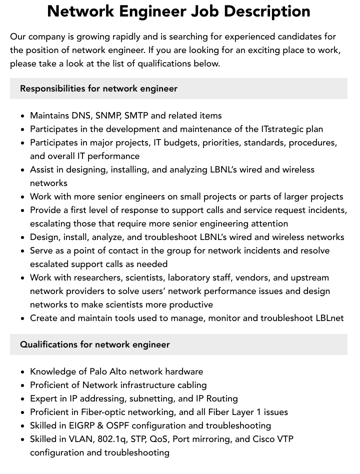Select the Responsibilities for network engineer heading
tap(98, 88)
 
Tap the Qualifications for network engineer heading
tap(95, 344)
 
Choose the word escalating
tap(50, 223)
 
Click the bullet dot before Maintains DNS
tap(23, 116)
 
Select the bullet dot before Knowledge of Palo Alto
tap(23, 372)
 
